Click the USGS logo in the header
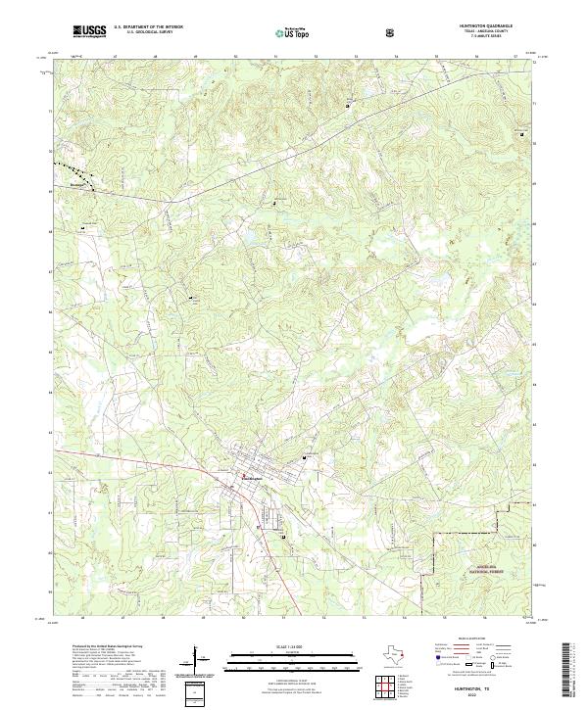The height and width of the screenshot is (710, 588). click(x=89, y=32)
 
